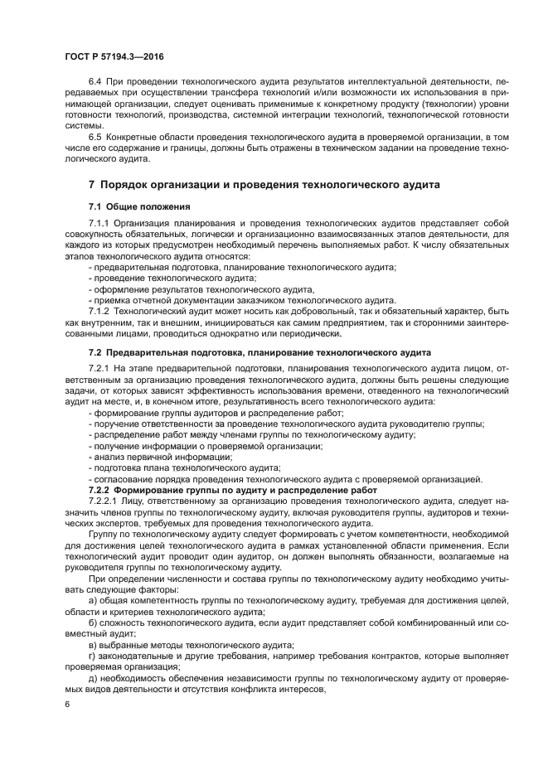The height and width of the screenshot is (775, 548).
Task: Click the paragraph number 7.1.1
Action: pyautogui.click(x=99, y=224)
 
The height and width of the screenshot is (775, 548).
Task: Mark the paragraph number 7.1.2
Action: pyautogui.click(x=99, y=310)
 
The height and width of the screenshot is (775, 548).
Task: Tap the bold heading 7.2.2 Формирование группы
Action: pyautogui.click(x=232, y=490)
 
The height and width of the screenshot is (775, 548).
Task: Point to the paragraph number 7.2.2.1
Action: pyautogui.click(x=103, y=501)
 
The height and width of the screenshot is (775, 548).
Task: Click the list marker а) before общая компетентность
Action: pyautogui.click(x=91, y=600)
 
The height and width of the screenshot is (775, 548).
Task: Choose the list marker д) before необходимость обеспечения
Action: pyautogui.click(x=91, y=677)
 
